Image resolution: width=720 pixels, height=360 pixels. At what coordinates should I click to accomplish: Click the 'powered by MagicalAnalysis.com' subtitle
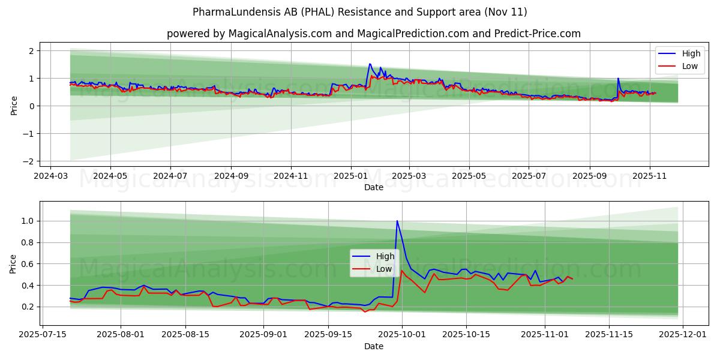(x=373, y=34)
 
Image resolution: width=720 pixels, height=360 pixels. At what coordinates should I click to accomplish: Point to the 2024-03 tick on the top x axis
(x=50, y=176)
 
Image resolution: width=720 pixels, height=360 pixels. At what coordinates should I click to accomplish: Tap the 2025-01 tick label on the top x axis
(x=350, y=176)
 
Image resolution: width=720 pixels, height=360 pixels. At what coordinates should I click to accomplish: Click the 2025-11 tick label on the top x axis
(x=650, y=176)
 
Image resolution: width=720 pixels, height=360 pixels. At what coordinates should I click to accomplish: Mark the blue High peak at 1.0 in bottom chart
(x=397, y=221)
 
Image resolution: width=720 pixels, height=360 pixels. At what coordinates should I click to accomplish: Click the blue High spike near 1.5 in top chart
(x=370, y=64)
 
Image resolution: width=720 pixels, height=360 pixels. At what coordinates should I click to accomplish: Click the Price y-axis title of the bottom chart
(x=13, y=263)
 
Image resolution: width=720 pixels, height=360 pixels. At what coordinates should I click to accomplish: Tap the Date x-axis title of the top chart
(x=373, y=187)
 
